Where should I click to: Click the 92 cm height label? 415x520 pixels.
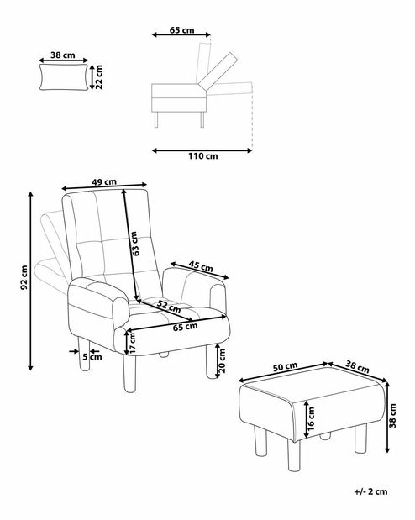click(24, 277)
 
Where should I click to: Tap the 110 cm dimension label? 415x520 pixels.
click(203, 156)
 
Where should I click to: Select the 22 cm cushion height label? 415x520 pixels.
click(98, 77)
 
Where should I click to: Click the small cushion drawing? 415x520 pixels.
click(64, 77)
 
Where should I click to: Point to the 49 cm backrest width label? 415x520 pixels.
click(104, 181)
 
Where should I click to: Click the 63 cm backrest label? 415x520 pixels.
click(134, 244)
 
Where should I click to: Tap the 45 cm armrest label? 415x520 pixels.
click(201, 266)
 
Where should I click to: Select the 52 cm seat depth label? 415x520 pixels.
click(169, 307)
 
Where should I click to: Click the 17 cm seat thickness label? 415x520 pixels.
click(133, 343)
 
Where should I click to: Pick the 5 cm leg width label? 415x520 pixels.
click(92, 357)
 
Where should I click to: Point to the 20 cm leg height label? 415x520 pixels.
click(222, 360)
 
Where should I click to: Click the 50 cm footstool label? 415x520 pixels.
click(285, 367)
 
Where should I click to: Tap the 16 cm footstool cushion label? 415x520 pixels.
click(311, 418)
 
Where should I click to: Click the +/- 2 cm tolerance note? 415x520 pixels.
click(370, 491)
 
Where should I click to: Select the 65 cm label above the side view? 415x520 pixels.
click(181, 30)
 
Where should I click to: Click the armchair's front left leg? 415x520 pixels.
click(129, 373)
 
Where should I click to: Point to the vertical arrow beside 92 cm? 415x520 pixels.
click(30, 281)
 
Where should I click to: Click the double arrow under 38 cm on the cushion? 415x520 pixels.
click(63, 60)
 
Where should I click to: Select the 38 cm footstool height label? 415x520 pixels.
click(393, 416)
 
